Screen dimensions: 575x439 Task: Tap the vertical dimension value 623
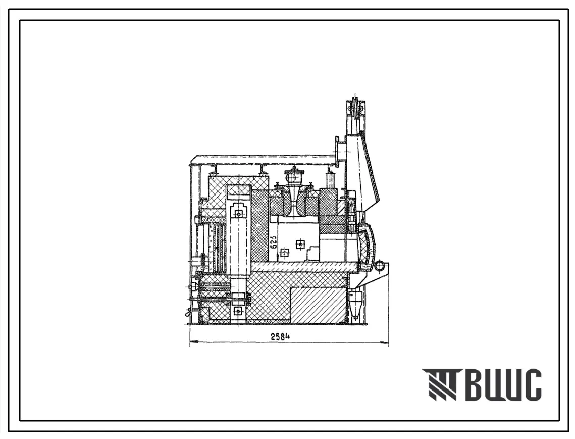click(274, 242)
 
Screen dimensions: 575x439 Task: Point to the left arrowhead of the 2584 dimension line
click(194, 343)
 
